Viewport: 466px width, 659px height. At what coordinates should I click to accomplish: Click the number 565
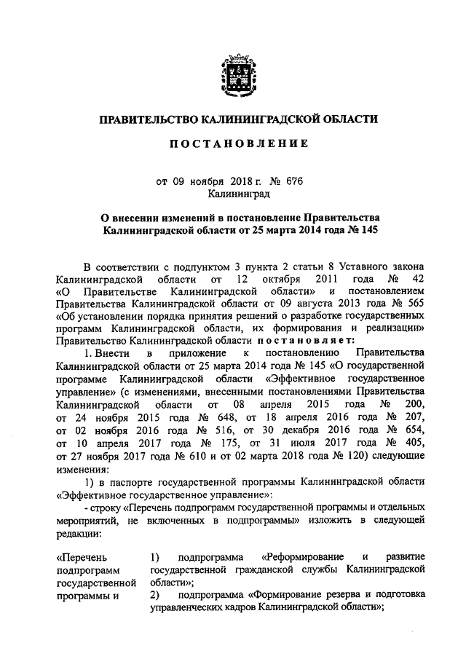point(415,305)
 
